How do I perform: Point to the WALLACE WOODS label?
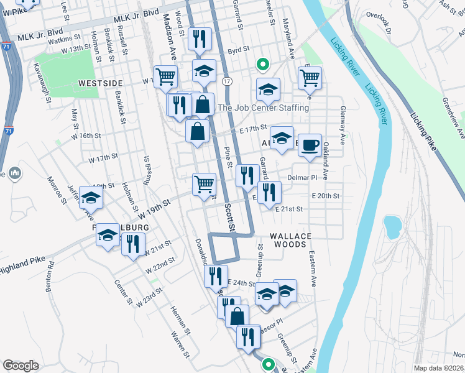coord(288,240)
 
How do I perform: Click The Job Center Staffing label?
coord(263,108)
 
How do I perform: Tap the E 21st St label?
coord(289,209)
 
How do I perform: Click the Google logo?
coord(21,366)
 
